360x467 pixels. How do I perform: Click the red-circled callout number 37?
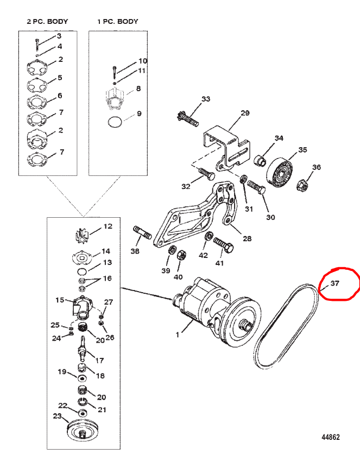click(335, 283)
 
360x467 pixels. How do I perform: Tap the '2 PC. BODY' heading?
click(47, 21)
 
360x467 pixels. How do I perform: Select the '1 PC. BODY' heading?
click(118, 21)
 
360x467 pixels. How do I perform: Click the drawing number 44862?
click(331, 437)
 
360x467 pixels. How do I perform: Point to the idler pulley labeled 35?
click(280, 172)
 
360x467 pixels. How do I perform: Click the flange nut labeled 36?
click(301, 185)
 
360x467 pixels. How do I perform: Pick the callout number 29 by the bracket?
click(245, 113)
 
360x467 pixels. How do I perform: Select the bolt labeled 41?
click(223, 245)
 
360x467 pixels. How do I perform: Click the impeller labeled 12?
click(81, 235)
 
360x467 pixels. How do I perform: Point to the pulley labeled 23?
click(81, 429)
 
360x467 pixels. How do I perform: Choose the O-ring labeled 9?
click(115, 122)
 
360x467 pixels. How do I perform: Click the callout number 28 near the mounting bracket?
click(247, 238)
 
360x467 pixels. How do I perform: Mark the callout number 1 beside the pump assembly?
click(178, 335)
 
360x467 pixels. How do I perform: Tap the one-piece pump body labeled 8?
click(115, 97)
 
